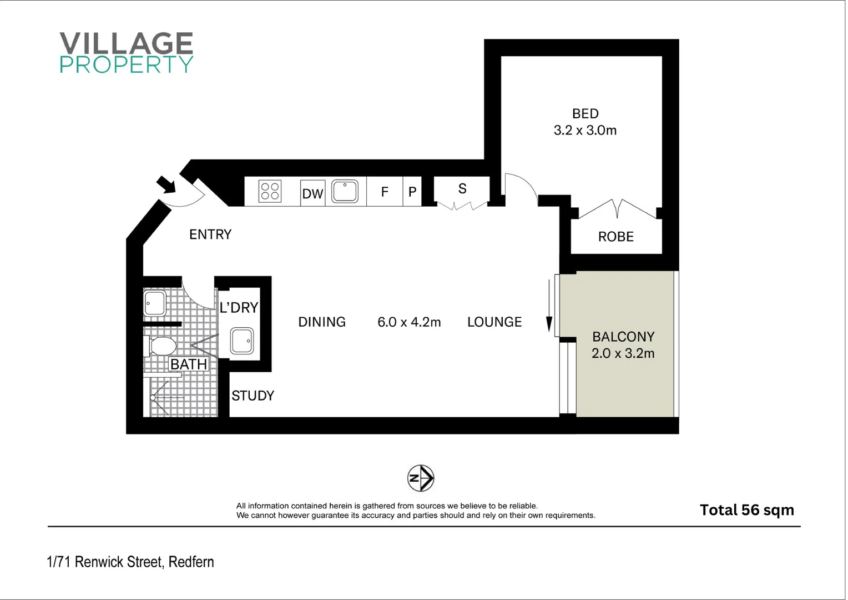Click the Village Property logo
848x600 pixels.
(127, 53)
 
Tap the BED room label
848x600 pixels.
(585, 114)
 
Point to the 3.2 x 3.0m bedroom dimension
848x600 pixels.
(585, 131)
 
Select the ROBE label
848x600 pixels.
(615, 237)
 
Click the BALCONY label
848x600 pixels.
(623, 337)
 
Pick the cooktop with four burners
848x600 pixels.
(270, 192)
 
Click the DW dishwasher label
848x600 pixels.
(312, 194)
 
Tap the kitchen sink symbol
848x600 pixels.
(345, 192)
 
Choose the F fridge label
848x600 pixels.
(385, 192)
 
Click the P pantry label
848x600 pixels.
(412, 192)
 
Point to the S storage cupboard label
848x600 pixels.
(462, 189)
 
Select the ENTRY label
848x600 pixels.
(210, 234)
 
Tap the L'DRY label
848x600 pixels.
(239, 308)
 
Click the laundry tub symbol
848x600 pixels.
(242, 341)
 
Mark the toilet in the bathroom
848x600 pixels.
(160, 346)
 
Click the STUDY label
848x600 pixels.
(253, 396)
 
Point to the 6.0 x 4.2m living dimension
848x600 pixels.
(409, 322)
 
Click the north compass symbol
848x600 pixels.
(421, 478)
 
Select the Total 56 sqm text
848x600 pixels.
(746, 510)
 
